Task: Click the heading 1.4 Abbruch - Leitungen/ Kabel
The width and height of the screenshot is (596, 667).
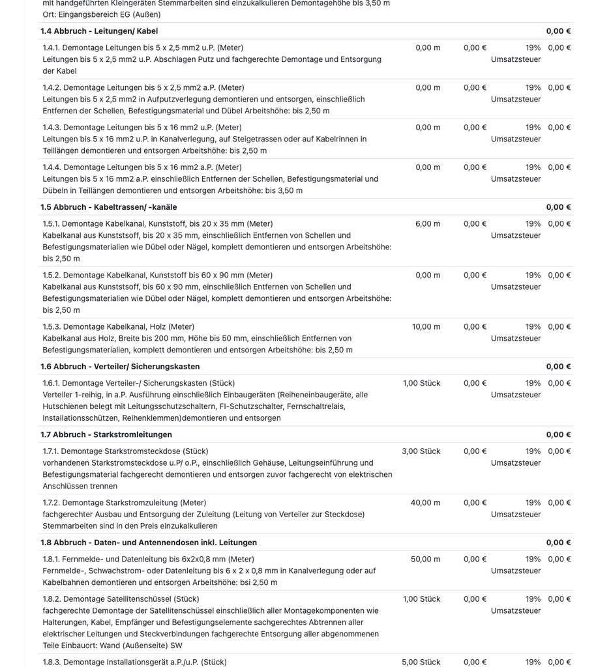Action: (99, 31)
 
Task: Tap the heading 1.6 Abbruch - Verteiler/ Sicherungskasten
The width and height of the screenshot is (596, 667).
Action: (120, 367)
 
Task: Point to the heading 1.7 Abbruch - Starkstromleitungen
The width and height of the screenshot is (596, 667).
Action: (106, 434)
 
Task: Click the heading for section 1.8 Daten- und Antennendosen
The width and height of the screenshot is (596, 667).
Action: (149, 543)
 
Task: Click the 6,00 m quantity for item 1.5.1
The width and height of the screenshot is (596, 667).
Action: (427, 224)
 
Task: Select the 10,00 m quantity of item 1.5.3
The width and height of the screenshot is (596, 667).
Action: (426, 327)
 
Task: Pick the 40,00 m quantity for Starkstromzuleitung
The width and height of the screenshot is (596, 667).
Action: (425, 503)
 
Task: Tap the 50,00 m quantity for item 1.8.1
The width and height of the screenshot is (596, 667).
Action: (425, 560)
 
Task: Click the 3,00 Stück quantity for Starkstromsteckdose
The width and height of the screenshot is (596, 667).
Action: (421, 451)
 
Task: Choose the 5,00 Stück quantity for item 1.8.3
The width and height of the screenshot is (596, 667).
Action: (421, 662)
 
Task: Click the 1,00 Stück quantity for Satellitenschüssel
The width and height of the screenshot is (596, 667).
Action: (421, 599)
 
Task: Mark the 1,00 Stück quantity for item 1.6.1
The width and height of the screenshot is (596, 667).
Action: (421, 384)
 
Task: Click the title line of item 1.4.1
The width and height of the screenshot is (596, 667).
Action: (143, 48)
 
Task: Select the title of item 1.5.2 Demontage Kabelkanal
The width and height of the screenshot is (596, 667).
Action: (158, 276)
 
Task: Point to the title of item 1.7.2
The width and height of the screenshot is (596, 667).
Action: (125, 503)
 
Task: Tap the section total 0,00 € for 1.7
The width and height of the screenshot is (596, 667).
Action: (558, 434)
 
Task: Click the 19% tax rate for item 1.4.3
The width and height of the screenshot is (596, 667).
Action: (533, 128)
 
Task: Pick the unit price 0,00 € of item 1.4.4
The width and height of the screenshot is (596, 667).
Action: (475, 167)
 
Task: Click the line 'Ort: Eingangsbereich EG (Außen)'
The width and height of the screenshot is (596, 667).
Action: (102, 14)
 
